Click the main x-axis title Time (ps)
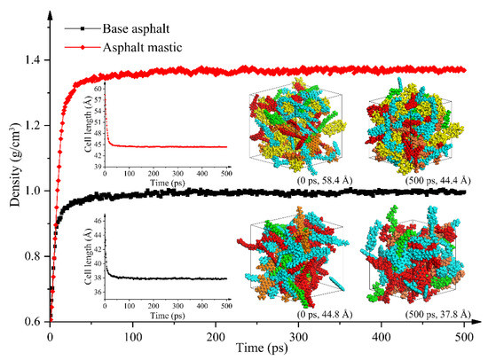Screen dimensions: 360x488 point(256,349)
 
